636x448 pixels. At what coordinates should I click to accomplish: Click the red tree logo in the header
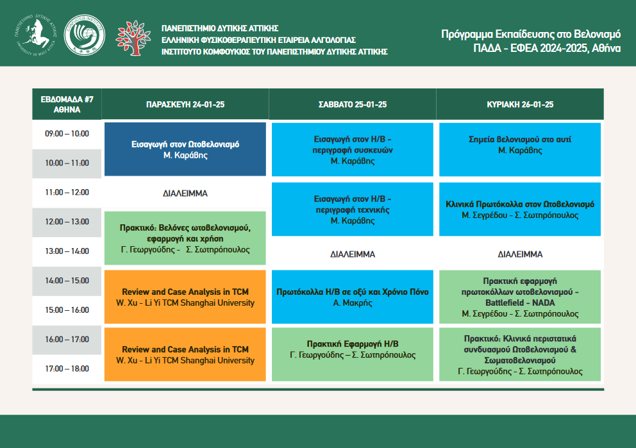coord(133,38)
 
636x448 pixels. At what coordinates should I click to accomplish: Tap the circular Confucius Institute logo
coord(85,35)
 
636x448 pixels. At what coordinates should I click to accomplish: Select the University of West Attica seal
coord(36,35)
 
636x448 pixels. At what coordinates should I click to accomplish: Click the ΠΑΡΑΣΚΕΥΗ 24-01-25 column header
coord(185,104)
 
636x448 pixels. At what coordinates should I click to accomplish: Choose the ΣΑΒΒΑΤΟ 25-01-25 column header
coord(353,104)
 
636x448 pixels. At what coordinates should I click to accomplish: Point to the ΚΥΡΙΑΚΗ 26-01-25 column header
coord(520,104)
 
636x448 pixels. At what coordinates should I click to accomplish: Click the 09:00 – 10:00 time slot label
coord(67,134)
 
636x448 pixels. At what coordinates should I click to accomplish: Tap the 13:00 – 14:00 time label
coord(67,251)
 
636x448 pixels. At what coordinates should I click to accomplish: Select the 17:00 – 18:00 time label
coord(67,369)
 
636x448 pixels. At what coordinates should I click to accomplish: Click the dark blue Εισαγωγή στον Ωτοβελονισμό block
coord(185,149)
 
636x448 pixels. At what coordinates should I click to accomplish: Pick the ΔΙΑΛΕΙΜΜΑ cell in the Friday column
coord(185,194)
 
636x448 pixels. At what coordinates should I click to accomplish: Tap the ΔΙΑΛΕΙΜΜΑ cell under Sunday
coord(520,254)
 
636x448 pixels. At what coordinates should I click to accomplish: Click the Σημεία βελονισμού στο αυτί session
coord(520,149)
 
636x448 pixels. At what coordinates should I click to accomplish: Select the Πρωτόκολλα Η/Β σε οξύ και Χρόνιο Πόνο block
coord(353,297)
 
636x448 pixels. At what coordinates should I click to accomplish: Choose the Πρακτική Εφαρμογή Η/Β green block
coord(353,354)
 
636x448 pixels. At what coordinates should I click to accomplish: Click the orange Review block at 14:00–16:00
coord(185,297)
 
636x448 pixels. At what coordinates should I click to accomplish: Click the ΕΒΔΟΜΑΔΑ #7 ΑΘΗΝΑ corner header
coord(67,104)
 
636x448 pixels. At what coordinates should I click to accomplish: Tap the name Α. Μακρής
coord(353,303)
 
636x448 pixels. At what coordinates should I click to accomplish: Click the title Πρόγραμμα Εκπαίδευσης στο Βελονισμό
coord(531,34)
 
